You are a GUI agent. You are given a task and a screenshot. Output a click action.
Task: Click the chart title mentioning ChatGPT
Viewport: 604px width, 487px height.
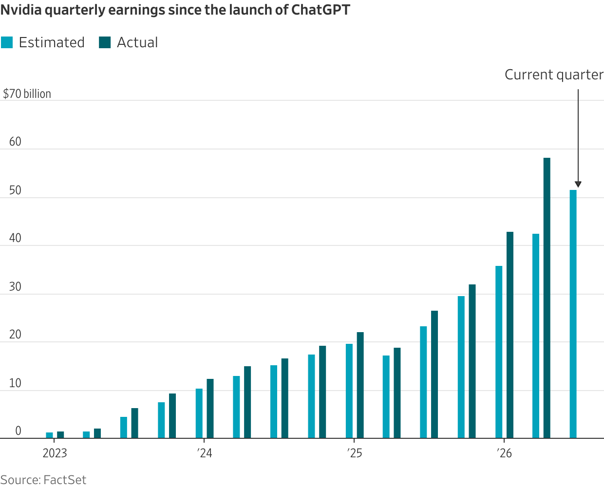point(175,10)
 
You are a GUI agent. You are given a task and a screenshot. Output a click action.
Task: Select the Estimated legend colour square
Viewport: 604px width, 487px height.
point(7,42)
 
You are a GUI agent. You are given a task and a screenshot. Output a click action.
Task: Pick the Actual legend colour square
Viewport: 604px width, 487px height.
point(105,42)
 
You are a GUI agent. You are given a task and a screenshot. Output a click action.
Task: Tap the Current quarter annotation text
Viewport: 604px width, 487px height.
point(554,75)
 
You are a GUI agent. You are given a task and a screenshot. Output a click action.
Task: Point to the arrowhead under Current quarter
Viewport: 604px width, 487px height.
point(578,185)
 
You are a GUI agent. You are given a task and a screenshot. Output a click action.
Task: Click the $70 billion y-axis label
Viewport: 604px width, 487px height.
point(27,94)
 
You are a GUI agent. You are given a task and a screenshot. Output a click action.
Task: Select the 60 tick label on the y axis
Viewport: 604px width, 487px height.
point(15,142)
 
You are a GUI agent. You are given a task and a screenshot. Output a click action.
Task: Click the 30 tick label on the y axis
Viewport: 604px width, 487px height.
point(15,287)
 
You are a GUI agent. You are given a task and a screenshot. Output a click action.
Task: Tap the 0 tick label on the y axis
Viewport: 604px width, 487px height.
point(18,431)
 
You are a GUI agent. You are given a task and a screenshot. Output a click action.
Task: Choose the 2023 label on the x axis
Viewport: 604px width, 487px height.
point(55,453)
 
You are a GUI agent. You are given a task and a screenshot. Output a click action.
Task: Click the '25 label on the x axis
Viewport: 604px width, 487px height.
point(355,453)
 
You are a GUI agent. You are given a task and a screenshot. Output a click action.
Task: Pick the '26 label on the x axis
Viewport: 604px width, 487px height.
point(504,453)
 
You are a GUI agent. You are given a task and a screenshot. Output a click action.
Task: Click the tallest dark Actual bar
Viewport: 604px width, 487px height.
point(547,298)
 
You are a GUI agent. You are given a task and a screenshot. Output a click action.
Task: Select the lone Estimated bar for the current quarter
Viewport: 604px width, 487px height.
point(573,314)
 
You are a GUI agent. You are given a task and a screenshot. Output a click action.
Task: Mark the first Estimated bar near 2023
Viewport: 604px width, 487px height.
point(49,435)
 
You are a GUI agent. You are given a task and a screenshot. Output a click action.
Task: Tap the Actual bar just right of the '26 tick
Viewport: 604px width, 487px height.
point(510,335)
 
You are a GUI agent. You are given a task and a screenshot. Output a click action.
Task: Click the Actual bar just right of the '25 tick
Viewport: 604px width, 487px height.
point(360,385)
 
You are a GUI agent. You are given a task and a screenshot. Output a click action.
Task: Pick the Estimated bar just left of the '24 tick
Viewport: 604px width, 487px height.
point(199,413)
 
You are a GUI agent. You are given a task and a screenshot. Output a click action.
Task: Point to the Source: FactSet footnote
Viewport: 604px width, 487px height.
point(43,480)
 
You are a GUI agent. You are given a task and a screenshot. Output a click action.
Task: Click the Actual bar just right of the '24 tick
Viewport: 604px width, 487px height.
point(210,409)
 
